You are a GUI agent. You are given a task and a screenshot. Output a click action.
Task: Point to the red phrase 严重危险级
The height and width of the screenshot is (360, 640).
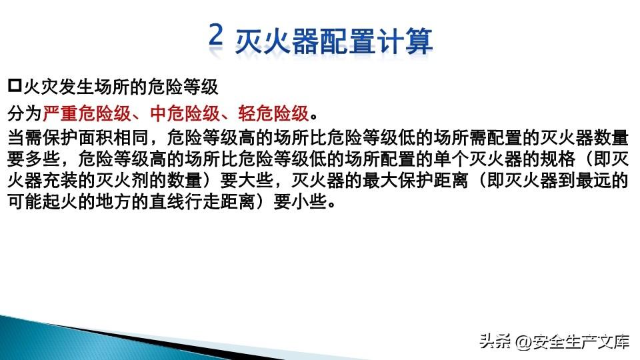(87, 113)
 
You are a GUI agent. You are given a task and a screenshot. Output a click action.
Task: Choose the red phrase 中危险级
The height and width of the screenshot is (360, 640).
(185, 113)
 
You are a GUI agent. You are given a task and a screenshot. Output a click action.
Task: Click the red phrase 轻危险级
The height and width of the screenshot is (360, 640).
(273, 113)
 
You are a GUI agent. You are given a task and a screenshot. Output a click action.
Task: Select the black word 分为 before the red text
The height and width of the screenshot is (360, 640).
(25, 113)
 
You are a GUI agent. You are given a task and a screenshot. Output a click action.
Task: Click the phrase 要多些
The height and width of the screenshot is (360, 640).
(34, 159)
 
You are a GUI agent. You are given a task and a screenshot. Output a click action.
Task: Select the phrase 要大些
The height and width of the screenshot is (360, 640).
(247, 180)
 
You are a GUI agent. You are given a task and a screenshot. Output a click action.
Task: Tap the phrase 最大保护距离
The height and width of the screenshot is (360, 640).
(415, 180)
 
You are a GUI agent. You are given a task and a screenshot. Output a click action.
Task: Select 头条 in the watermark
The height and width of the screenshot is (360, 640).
(495, 341)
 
